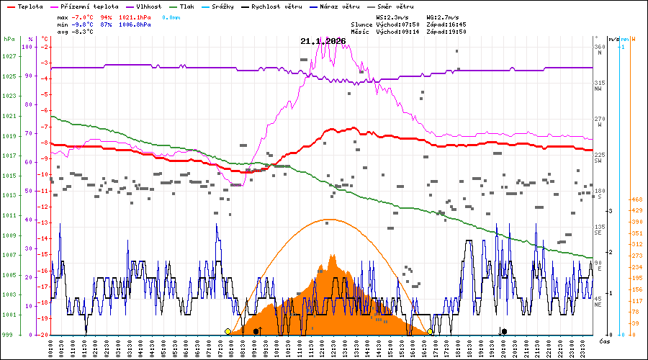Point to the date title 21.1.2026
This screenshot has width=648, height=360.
tap(323, 41)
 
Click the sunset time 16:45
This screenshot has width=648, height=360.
tap(456, 24)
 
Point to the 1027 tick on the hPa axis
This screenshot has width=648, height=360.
tap(9, 56)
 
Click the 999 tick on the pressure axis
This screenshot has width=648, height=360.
tap(7, 336)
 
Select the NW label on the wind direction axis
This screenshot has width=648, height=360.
tap(598, 89)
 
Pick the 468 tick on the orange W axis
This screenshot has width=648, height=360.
tap(636, 199)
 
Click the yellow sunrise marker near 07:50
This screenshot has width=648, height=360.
tap(228, 331)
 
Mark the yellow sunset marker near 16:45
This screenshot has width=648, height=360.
tap(430, 331)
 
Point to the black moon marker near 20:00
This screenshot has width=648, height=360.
tap(504, 331)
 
